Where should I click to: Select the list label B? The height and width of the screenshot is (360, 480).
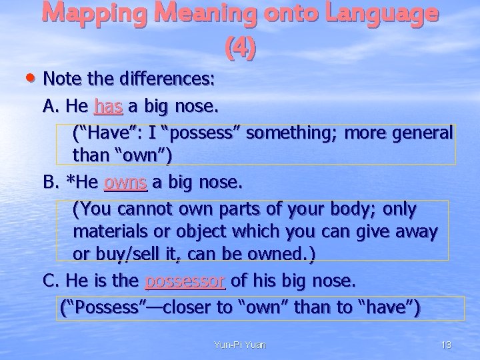click(50, 183)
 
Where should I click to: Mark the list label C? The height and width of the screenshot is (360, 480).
click(50, 281)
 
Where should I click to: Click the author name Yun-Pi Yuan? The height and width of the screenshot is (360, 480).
click(239, 345)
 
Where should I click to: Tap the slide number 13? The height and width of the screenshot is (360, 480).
click(446, 345)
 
